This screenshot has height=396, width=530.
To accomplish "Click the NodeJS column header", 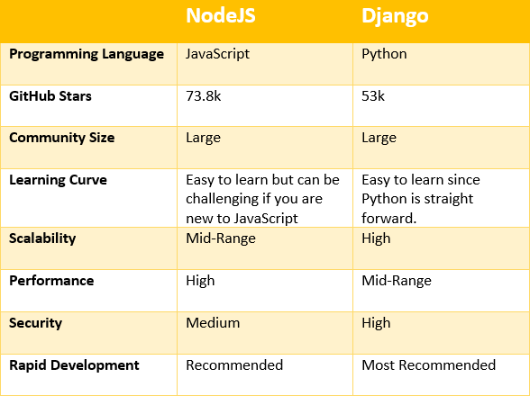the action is click(x=221, y=15).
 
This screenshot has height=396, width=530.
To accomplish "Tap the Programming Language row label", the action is click(x=87, y=55).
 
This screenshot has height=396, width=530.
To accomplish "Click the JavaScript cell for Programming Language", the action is click(x=218, y=54).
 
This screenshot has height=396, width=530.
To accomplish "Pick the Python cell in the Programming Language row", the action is click(x=384, y=55).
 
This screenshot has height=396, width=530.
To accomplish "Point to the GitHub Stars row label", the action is click(x=50, y=96).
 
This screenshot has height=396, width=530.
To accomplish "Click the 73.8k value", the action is click(x=204, y=96).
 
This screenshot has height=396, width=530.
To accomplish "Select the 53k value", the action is click(x=373, y=96).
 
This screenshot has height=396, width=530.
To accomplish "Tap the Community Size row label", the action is click(x=62, y=138).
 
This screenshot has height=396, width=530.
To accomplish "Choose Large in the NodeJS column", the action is click(x=203, y=138).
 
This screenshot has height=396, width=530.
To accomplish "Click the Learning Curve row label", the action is click(x=58, y=180).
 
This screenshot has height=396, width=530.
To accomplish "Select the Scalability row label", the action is click(x=42, y=239).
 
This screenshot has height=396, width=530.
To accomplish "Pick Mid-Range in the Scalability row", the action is click(x=221, y=239).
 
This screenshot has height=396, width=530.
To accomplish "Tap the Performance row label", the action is click(x=51, y=281).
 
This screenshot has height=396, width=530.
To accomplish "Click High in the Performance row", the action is click(x=200, y=281).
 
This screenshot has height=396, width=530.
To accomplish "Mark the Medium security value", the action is click(x=213, y=323).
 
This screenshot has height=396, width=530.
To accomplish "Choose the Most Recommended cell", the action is click(x=429, y=365).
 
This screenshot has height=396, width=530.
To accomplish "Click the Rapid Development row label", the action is click(x=74, y=365).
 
